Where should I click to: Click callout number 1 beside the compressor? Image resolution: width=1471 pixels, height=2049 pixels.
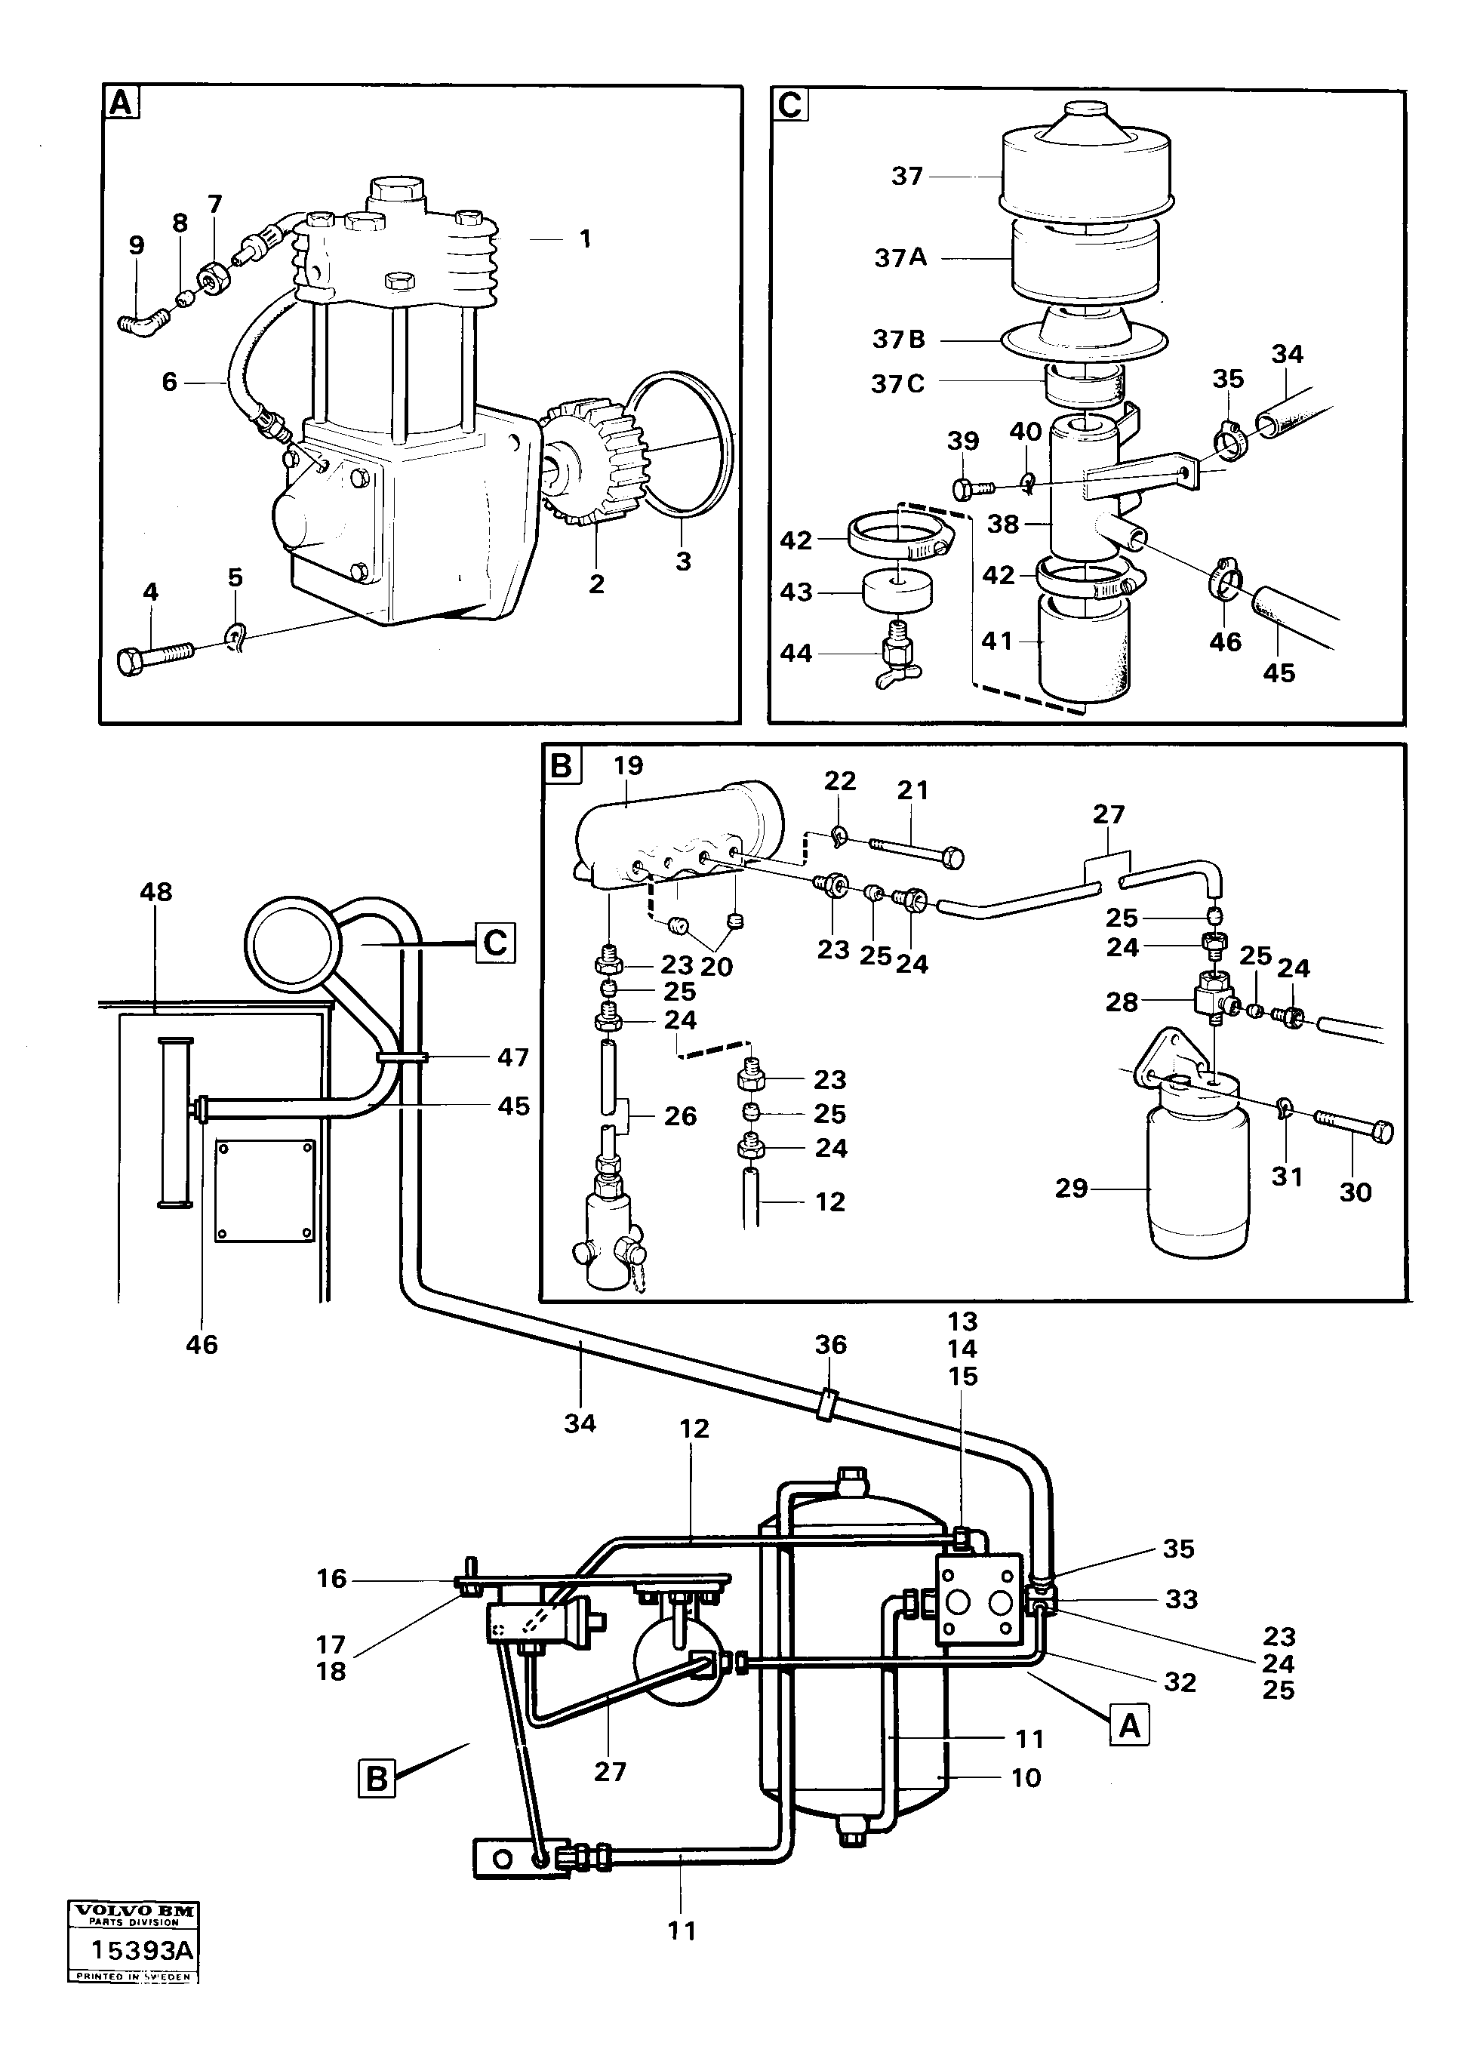pos(586,238)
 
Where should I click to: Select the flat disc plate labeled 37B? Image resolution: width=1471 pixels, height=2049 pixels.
pos(1085,340)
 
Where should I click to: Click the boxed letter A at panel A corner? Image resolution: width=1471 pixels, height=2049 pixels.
pos(120,103)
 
